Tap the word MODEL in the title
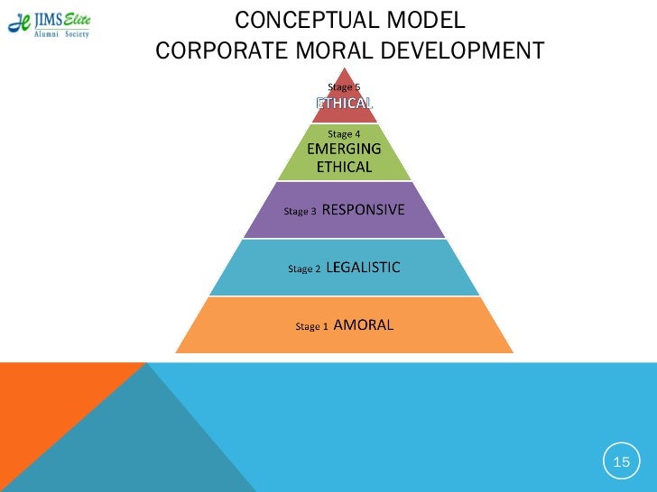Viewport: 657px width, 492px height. click(425, 20)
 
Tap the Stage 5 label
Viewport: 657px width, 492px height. click(344, 87)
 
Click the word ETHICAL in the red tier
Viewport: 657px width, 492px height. click(344, 103)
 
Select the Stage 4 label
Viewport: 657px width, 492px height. click(344, 134)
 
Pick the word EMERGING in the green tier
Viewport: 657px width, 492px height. click(344, 150)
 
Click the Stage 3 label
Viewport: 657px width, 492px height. click(301, 212)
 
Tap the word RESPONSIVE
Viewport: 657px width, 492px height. click(363, 211)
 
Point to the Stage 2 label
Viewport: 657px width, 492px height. click(303, 269)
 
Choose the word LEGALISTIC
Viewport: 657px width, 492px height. click(363, 268)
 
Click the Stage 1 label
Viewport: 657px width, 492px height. click(312, 326)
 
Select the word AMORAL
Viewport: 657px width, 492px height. click(364, 325)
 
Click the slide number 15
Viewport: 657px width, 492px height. click(621, 462)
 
